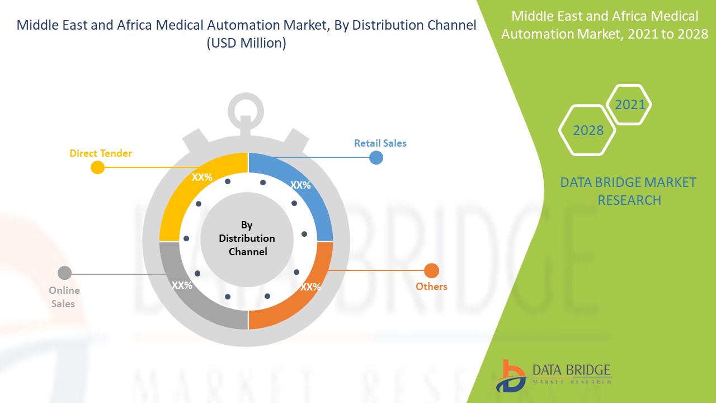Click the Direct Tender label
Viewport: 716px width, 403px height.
[x=101, y=153]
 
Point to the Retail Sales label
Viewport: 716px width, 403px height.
[x=380, y=143]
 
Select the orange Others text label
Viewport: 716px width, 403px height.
[x=431, y=287]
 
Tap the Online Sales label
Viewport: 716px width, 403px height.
[x=64, y=297]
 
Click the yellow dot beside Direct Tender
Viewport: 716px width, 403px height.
[x=97, y=167]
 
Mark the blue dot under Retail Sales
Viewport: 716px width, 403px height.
[x=376, y=157]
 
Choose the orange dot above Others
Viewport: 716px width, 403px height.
[x=431, y=271]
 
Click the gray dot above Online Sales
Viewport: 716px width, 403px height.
[x=65, y=273]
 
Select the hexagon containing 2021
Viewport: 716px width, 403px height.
[x=630, y=105]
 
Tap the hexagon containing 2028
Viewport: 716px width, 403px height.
[x=588, y=130]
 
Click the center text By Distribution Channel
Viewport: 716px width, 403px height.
[x=247, y=238]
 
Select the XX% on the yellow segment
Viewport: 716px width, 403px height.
[x=202, y=177]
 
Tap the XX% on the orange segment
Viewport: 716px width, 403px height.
[x=310, y=287]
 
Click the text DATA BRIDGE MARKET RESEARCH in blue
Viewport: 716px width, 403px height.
[x=629, y=191]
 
